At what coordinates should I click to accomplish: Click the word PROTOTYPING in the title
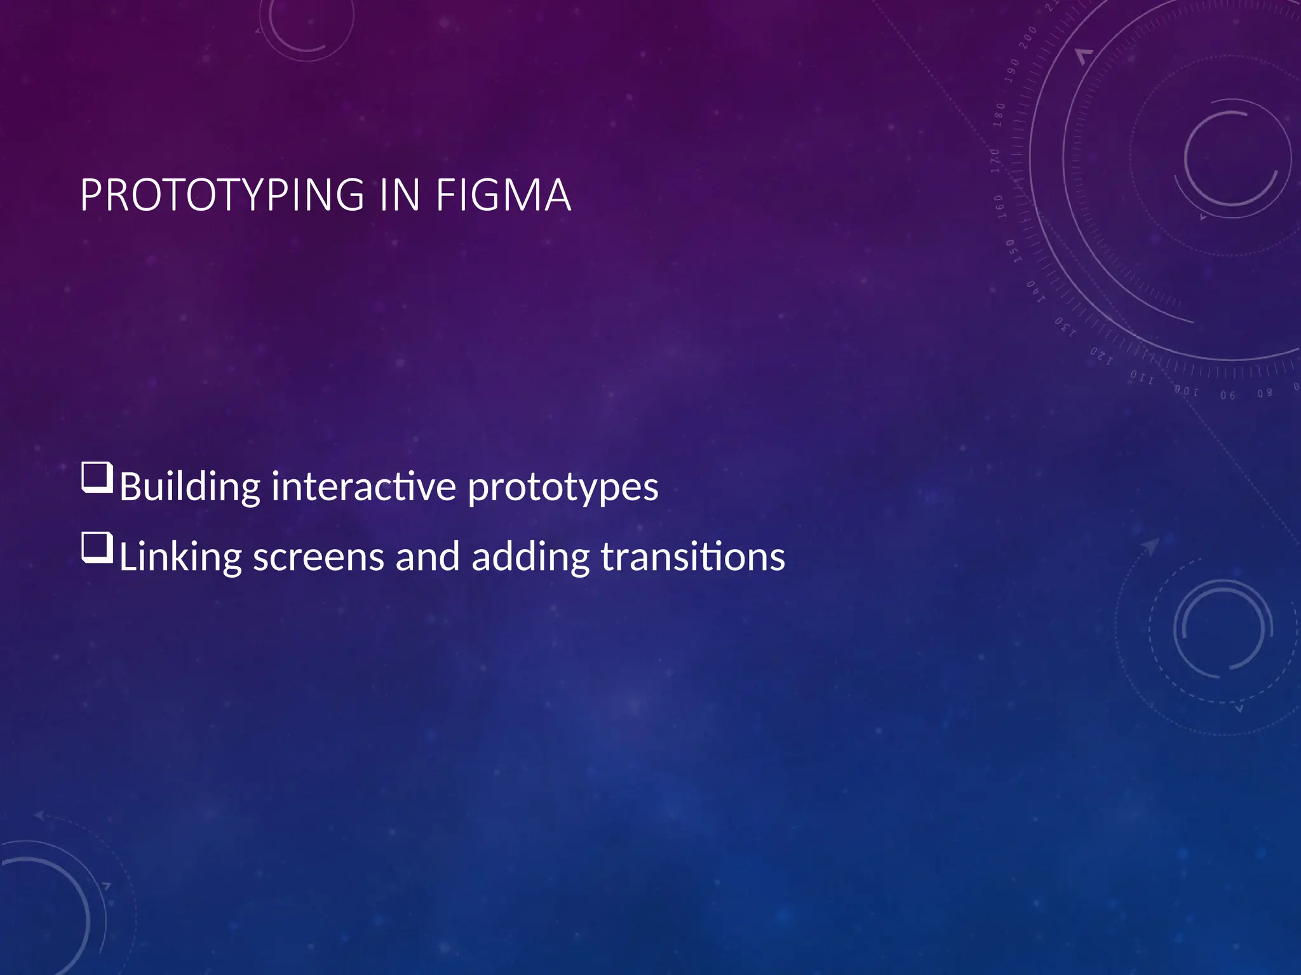tap(223, 195)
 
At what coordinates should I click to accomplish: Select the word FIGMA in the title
tap(503, 195)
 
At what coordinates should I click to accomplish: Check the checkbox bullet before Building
tap(97, 478)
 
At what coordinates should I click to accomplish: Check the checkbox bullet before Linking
tap(97, 548)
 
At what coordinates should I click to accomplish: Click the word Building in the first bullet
tap(189, 487)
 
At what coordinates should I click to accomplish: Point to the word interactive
tap(363, 486)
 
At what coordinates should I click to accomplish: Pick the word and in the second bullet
tap(427, 557)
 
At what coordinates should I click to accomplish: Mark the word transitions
tap(692, 557)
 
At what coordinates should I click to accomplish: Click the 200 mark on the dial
tap(1027, 39)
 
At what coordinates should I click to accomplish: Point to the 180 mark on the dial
tap(1000, 114)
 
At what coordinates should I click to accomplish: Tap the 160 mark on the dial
tap(999, 206)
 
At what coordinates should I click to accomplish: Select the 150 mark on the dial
tap(1012, 251)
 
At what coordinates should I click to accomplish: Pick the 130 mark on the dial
tap(1065, 327)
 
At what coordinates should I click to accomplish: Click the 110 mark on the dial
tap(1142, 377)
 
